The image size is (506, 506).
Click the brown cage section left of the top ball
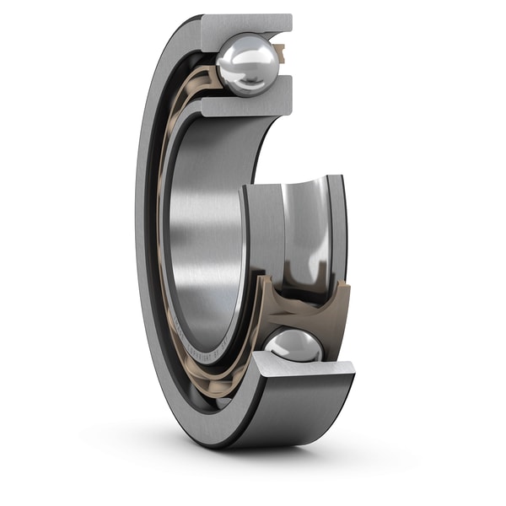(205, 80)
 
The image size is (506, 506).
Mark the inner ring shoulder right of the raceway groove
(336, 223)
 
